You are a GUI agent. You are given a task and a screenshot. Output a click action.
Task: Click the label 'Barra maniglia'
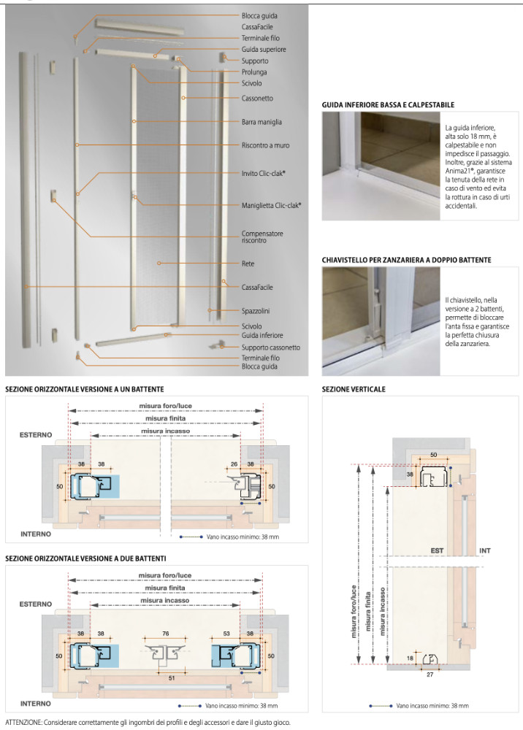[261, 122]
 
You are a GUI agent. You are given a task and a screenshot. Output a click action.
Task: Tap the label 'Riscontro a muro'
[265, 145]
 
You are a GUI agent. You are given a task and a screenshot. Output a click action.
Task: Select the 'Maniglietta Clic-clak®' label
[271, 205]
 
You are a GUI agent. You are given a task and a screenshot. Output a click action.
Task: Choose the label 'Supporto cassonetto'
[270, 347]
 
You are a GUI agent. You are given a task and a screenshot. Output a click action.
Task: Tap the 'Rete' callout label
[248, 264]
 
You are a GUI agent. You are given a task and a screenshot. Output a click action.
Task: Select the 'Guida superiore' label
[264, 49]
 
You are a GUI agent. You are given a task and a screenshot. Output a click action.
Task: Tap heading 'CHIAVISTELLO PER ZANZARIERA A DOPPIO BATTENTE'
[406, 259]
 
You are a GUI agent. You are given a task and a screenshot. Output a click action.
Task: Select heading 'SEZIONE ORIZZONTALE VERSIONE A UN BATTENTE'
[84, 389]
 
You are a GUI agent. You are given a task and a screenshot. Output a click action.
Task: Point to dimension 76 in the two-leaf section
[165, 613]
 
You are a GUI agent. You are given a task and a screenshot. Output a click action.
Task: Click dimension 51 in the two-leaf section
[170, 678]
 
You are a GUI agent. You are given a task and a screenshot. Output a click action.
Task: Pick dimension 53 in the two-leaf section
[227, 613]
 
